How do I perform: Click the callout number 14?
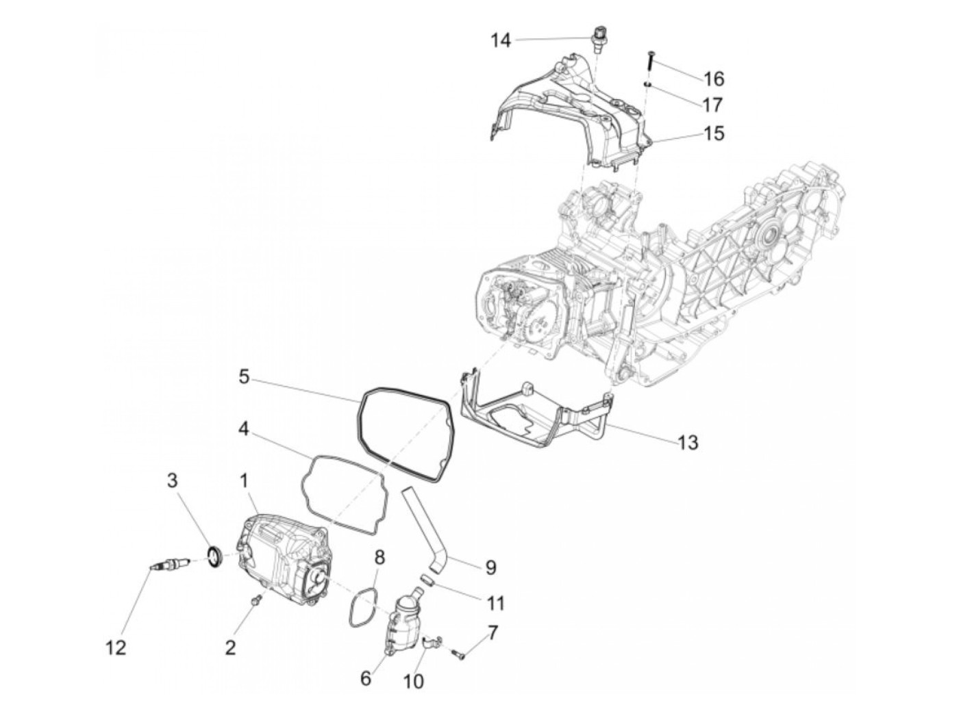pos(501,40)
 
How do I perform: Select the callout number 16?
pos(713,79)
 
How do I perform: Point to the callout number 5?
pos(244,376)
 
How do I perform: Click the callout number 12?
pos(116,647)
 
